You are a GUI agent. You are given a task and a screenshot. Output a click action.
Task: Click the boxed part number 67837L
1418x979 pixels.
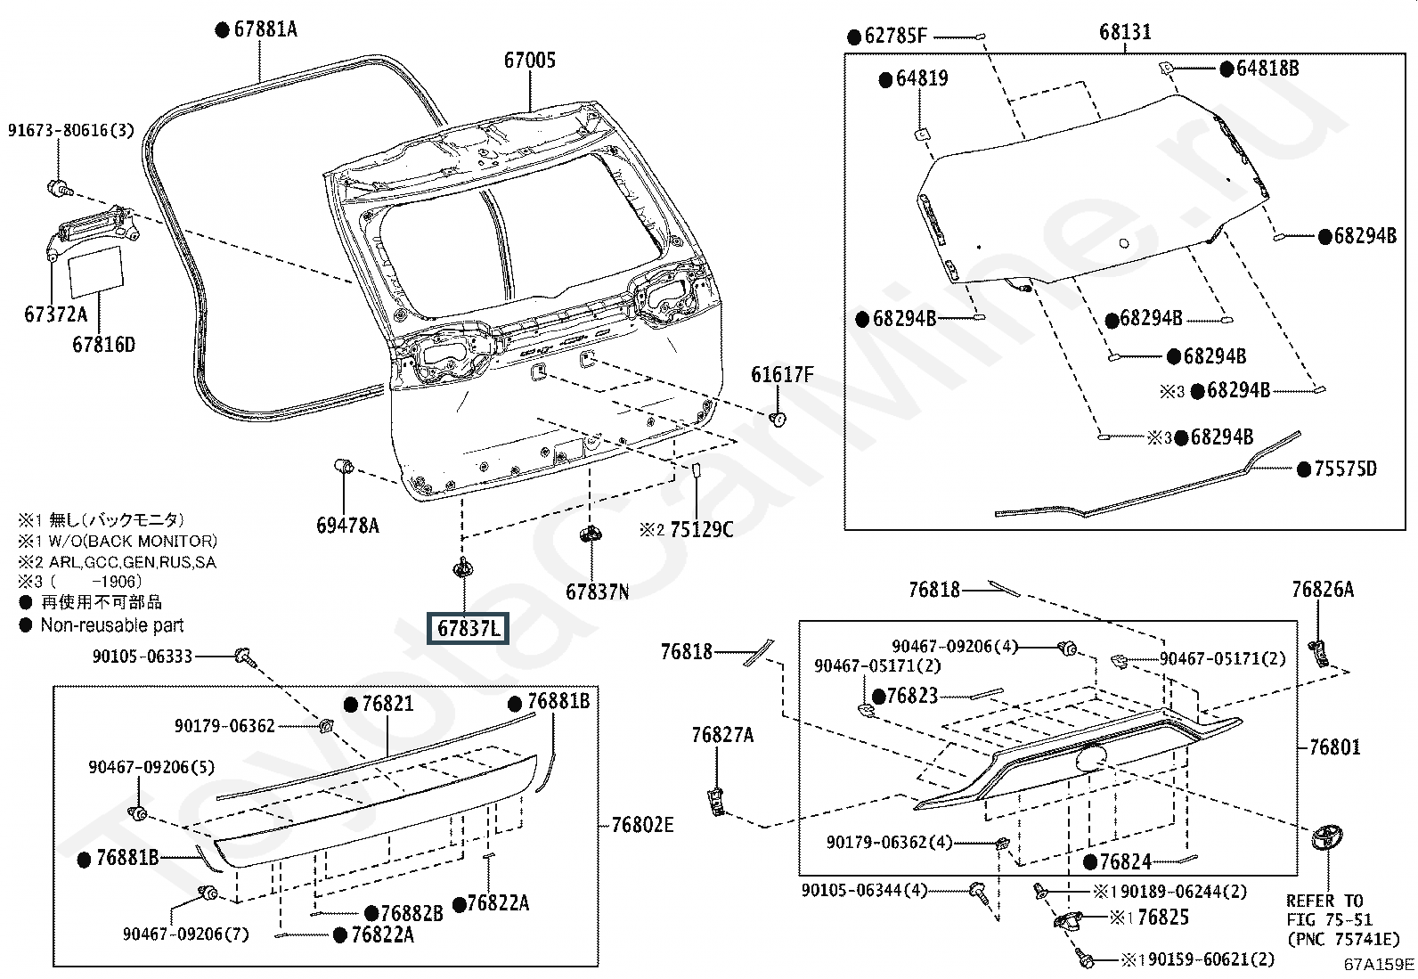[469, 628]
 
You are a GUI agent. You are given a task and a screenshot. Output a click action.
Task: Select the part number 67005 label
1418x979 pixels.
[530, 61]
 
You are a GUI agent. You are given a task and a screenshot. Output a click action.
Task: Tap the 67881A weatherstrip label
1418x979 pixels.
[265, 29]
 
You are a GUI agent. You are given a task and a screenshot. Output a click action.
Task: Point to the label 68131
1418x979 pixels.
[1125, 32]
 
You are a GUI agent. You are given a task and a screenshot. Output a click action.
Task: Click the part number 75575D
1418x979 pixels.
[1345, 469]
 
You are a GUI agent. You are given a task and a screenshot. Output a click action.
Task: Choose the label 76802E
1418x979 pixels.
[642, 825]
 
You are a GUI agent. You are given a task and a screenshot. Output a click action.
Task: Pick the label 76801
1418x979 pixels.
[1334, 747]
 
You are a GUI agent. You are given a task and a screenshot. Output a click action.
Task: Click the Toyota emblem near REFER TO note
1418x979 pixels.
[1327, 839]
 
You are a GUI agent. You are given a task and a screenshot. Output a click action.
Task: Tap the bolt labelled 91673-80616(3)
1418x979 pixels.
[61, 187]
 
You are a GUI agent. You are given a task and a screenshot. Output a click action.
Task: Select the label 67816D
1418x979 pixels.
[104, 345]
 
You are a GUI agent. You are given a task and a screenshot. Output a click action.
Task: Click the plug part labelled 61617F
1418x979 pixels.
[778, 419]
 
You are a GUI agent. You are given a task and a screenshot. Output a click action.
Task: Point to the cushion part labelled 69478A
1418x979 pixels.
[345, 466]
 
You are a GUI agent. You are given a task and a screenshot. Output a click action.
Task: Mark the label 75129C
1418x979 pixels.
[701, 529]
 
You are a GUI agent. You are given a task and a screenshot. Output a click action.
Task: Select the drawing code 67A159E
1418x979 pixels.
[1379, 965]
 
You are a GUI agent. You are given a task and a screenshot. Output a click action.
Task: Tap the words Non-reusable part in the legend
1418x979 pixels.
[112, 625]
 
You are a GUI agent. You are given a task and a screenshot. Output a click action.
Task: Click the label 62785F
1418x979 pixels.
[895, 37]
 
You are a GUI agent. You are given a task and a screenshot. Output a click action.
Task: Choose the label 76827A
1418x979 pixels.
[722, 735]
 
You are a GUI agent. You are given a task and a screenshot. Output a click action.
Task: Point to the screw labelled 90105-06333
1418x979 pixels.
[245, 657]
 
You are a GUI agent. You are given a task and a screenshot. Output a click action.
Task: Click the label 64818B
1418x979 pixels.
[1267, 69]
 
